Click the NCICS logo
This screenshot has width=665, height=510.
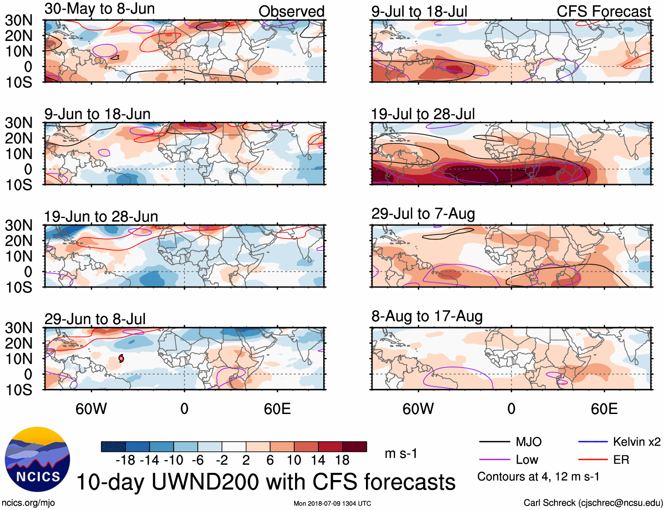tap(37, 459)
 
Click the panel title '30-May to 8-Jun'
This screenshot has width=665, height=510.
tap(100, 9)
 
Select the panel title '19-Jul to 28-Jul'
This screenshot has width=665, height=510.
tap(423, 114)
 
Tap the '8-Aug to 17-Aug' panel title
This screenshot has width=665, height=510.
tap(427, 316)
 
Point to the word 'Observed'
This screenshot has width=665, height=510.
tap(291, 11)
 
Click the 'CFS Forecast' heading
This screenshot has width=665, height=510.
tap(603, 11)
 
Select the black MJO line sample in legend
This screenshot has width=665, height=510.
tap(494, 442)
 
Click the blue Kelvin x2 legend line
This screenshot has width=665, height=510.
tap(593, 442)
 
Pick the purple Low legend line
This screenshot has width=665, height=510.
tap(494, 460)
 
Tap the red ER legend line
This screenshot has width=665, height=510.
tap(593, 460)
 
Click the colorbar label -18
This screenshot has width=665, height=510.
tap(126, 460)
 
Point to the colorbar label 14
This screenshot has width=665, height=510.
tap(318, 460)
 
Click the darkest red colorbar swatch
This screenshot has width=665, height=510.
tap(355, 447)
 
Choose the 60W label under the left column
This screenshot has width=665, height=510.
tap(91, 409)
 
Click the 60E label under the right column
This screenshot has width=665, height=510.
tap(604, 409)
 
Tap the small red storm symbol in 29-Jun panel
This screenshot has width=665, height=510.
tap(121, 358)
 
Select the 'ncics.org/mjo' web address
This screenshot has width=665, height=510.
tap(28, 503)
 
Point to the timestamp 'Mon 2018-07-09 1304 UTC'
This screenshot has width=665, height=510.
tap(332, 503)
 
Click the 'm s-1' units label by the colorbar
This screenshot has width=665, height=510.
tap(401, 454)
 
